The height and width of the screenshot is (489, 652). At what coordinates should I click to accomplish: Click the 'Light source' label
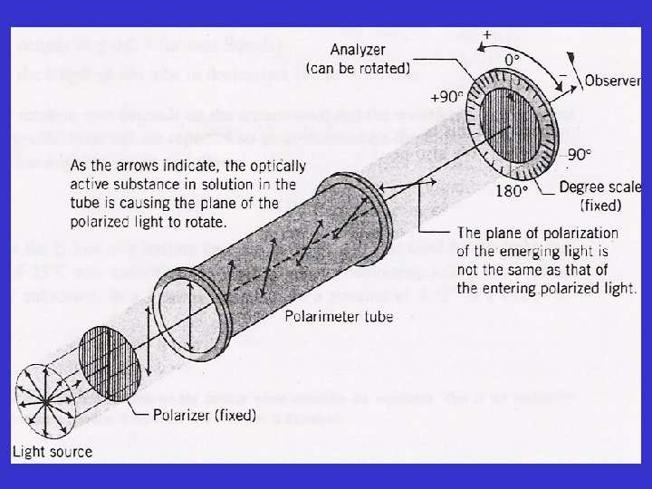click(x=52, y=451)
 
